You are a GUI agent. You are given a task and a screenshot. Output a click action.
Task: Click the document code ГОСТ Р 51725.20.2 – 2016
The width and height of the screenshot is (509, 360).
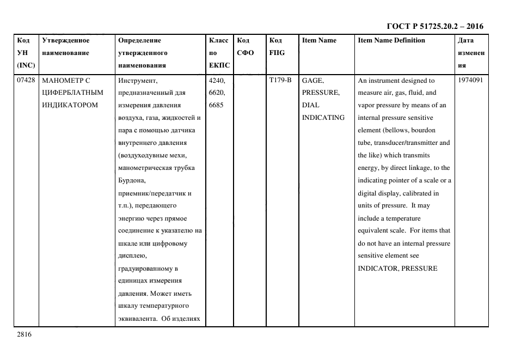434,26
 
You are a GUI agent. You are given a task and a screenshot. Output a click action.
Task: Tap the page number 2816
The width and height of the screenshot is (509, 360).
24,334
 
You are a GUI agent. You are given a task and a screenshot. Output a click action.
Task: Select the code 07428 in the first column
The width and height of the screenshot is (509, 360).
26,81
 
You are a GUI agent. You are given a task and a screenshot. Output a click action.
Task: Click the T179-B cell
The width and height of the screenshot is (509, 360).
280,81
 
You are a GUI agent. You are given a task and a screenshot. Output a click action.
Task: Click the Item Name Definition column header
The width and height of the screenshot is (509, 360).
391,41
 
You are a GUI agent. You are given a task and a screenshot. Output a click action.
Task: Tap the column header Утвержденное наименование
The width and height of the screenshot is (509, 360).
66,47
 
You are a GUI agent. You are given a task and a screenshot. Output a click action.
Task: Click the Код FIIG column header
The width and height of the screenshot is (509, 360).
277,47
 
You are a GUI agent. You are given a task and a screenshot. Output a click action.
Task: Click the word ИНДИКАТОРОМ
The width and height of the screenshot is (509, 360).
70,105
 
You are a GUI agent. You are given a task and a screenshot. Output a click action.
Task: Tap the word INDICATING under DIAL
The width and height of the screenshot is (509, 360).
323,118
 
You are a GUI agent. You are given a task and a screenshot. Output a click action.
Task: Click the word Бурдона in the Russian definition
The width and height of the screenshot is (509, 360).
131,180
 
